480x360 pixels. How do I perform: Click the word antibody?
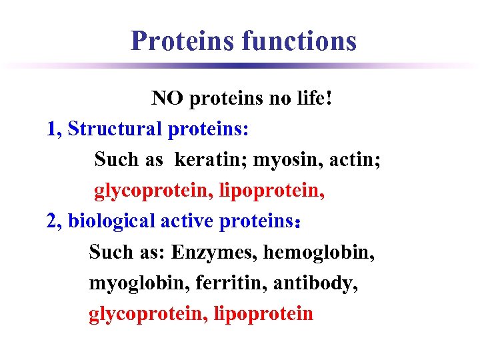tap(314, 283)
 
